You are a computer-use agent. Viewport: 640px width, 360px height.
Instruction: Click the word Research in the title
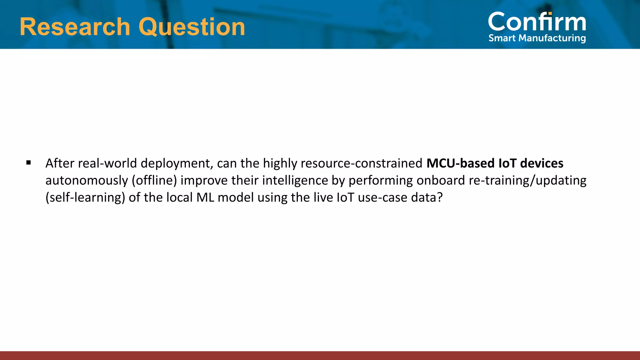[75, 27]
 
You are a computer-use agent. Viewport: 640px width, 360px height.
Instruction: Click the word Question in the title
[192, 27]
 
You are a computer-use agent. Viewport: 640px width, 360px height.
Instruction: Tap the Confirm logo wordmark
[537, 22]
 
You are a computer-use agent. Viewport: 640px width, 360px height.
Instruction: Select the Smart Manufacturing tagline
[537, 38]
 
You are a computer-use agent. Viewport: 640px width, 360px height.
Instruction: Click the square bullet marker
[29, 162]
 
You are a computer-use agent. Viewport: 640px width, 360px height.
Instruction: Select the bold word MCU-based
[460, 163]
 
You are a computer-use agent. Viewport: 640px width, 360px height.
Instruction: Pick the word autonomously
[87, 181]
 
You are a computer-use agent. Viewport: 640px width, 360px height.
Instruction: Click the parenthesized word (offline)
[154, 181]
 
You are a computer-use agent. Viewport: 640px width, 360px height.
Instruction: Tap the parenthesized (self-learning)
[85, 198]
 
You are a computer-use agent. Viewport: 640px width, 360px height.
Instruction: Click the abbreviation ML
[205, 198]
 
